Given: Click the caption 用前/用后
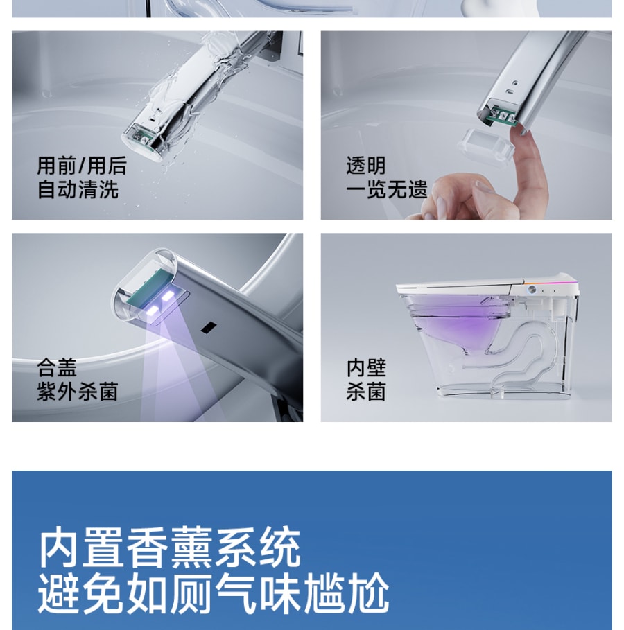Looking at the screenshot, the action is [82, 166].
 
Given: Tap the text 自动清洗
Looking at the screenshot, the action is [78, 189].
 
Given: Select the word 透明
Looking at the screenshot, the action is [366, 166].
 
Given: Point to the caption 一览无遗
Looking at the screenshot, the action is [386, 189].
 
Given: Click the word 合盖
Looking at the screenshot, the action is [57, 367].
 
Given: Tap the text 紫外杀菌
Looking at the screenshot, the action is [78, 392].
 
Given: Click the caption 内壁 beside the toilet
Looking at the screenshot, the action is [366, 367].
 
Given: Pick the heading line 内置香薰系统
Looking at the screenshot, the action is [169, 547].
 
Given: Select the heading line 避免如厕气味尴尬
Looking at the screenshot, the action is [214, 593].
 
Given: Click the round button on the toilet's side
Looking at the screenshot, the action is [532, 289].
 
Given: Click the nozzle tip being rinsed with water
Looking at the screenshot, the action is [141, 141].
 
